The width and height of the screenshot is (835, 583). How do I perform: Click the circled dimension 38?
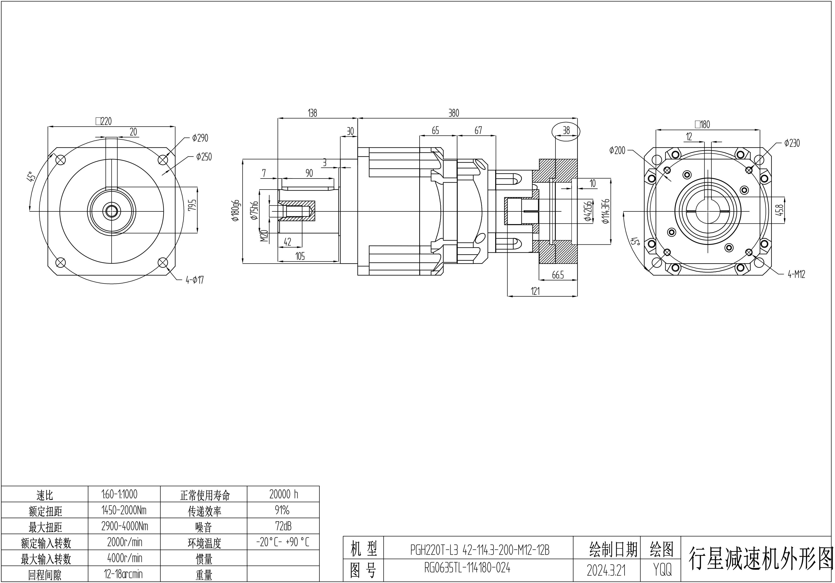(x=566, y=130)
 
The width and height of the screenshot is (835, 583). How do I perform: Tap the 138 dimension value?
(x=312, y=113)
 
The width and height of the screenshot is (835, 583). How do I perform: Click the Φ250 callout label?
(x=204, y=157)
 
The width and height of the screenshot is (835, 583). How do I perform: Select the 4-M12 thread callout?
(x=796, y=274)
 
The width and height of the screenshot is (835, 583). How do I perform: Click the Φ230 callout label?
(x=792, y=143)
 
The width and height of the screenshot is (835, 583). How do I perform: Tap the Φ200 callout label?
(x=617, y=150)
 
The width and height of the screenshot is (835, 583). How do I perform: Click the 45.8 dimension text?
(x=779, y=210)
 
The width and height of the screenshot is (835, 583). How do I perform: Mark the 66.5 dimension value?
(x=558, y=275)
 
